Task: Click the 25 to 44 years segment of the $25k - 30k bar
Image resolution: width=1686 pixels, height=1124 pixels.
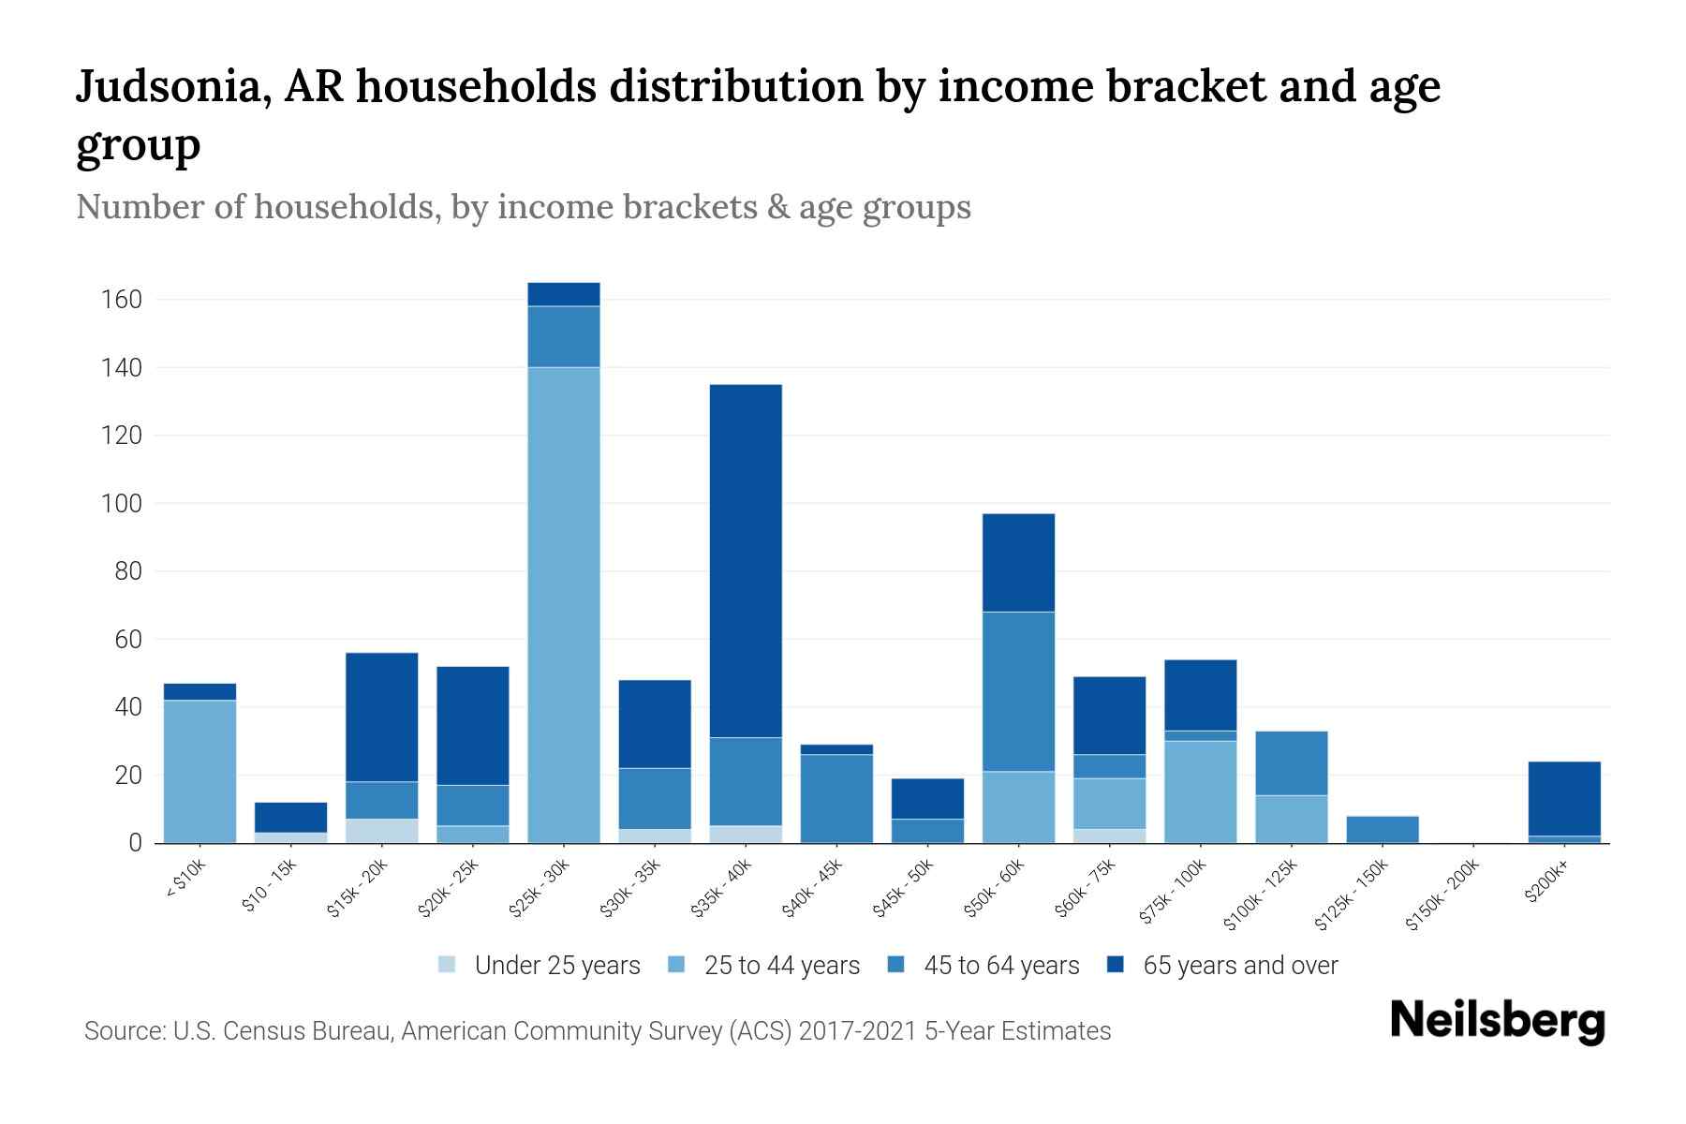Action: tap(564, 604)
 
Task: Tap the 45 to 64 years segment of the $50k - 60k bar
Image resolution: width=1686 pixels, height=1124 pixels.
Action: tap(1018, 691)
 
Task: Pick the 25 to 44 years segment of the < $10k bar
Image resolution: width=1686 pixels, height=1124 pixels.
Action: tap(200, 771)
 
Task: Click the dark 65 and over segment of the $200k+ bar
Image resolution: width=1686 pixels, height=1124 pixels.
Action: tap(1564, 798)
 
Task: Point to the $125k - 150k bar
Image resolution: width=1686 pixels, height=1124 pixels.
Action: tap(1383, 830)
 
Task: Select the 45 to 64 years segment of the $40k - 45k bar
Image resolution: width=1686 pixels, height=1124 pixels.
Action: tap(836, 798)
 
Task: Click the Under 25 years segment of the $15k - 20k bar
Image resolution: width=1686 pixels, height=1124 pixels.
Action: tap(382, 831)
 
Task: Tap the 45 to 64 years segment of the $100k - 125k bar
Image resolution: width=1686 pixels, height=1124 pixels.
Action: tap(1292, 762)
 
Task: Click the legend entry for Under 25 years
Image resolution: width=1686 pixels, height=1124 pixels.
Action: tap(556, 966)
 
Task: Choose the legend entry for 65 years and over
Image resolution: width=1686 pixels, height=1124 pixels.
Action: tap(1240, 966)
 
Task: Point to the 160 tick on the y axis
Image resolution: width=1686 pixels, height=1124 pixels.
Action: tap(122, 300)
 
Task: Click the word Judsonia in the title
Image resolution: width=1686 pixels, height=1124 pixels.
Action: tap(174, 86)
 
